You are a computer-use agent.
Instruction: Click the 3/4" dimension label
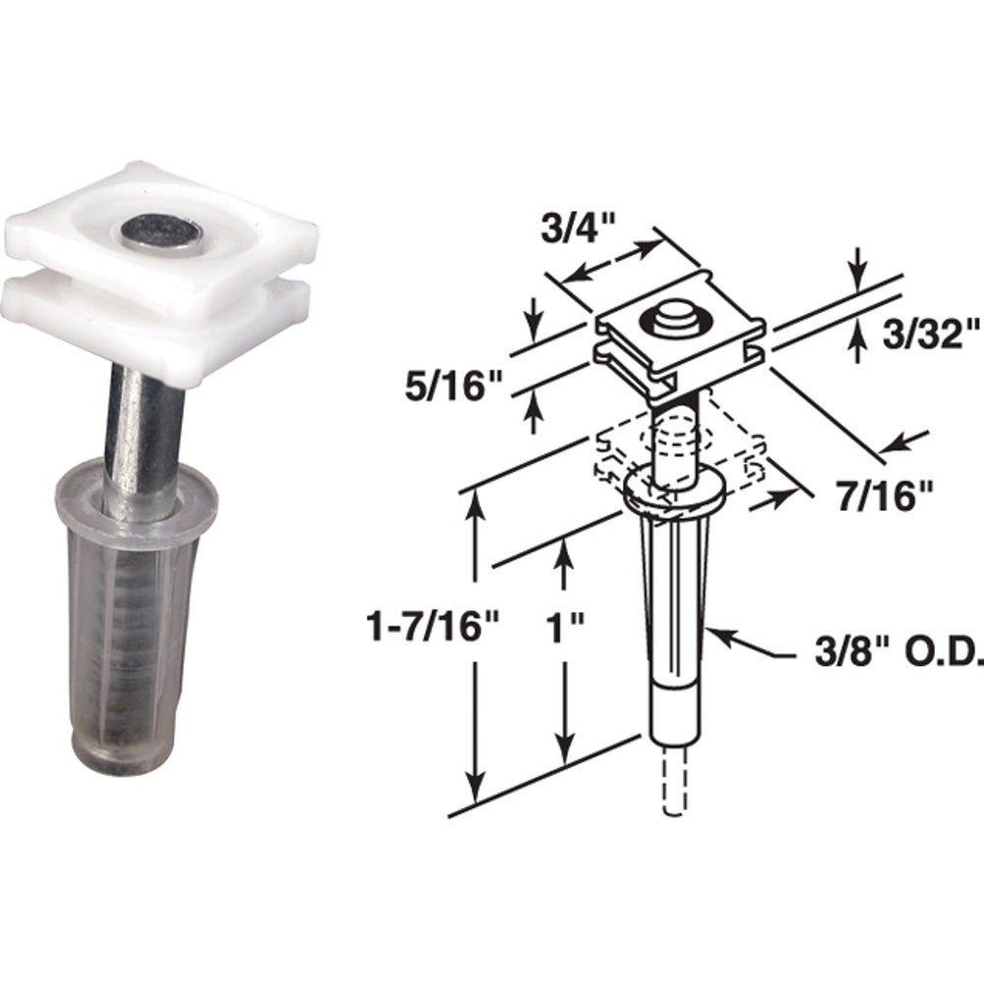[577, 228]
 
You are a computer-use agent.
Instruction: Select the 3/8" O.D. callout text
[898, 652]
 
